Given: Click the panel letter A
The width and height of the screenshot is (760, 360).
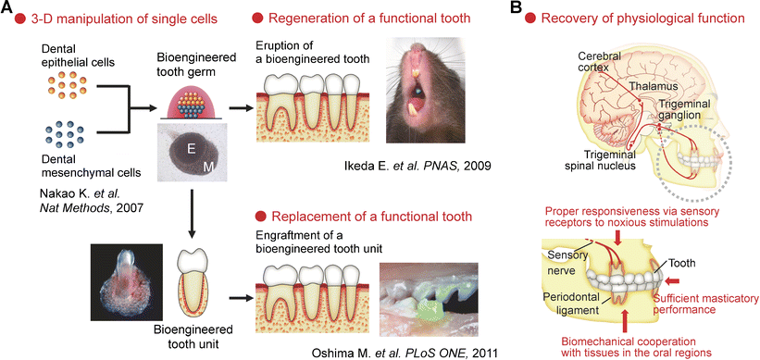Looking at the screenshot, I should [8, 10].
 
